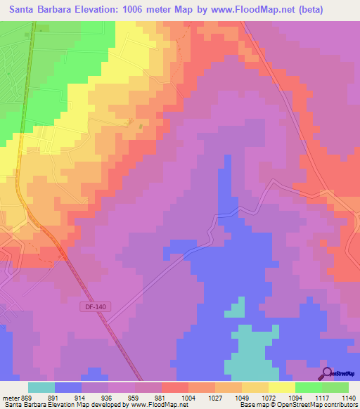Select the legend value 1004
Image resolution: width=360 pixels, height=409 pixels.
188,396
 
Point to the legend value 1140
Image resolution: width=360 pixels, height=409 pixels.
348,396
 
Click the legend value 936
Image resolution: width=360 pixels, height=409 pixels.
108,396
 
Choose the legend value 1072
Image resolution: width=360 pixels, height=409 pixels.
267,396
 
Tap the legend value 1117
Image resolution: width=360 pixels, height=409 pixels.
321,396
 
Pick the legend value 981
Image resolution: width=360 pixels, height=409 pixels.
161,396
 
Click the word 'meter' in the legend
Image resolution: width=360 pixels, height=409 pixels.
10,396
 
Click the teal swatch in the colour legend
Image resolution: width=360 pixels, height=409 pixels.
41,387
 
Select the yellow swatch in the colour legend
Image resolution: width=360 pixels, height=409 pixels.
282,387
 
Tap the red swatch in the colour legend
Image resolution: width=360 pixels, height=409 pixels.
175,387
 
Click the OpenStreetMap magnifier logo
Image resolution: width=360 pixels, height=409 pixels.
326,373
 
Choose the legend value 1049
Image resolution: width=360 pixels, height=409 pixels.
241,396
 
